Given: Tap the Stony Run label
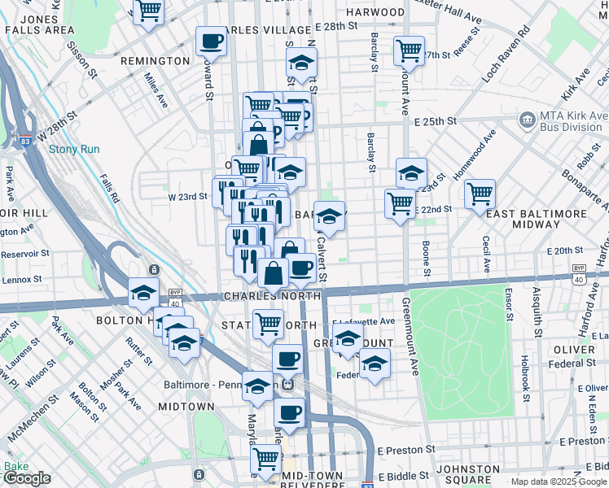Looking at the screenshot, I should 74,149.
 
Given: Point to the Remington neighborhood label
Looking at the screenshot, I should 155,61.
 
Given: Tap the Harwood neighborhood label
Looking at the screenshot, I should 375,12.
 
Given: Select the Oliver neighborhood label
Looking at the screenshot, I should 575,350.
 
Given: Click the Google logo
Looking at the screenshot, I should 26,478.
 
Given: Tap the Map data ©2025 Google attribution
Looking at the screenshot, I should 558,481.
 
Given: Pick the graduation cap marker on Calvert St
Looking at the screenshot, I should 329,216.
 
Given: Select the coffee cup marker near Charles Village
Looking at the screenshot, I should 212,41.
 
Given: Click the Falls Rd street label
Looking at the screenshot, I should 108,186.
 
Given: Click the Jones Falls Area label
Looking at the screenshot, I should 39,24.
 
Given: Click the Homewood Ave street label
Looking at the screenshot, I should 475,155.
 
